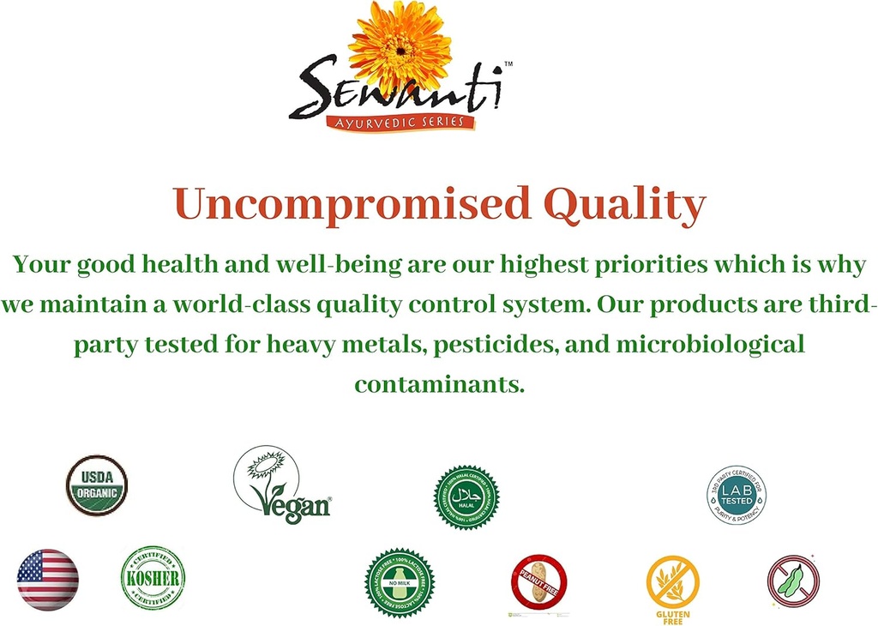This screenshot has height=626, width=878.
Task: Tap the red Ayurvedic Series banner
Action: [400, 123]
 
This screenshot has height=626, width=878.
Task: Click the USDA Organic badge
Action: [97, 485]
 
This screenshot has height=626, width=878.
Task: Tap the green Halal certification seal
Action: [466, 497]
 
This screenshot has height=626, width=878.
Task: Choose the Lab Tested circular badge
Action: [736, 495]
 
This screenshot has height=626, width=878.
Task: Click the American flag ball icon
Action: [48, 580]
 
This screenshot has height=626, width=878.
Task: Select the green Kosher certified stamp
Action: [153, 577]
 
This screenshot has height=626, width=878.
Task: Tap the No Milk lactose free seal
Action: [400, 583]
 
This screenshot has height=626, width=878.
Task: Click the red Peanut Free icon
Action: [538, 581]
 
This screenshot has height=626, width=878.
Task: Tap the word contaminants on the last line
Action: [439, 383]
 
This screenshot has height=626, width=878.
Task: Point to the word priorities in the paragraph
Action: [641, 265]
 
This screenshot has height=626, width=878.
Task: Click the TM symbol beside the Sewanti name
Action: [508, 64]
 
